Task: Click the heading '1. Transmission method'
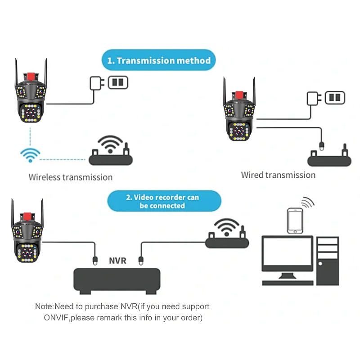point(159,60)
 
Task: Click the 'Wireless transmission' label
point(71,177)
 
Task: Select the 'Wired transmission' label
point(278,175)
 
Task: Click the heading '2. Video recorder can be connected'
point(164,201)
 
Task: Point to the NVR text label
point(117,260)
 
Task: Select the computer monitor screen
point(287,254)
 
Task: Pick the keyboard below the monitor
point(288,283)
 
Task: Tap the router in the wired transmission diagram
point(329,160)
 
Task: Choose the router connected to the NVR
point(227,242)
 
